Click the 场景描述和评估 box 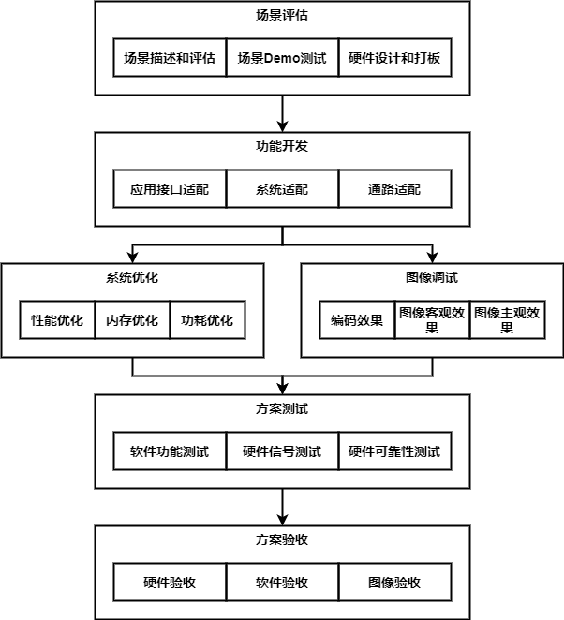click(x=170, y=58)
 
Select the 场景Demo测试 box click(x=282, y=58)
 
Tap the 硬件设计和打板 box click(x=394, y=58)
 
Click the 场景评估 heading click(x=282, y=16)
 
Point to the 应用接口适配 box click(x=170, y=189)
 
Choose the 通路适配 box click(x=394, y=189)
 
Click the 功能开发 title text click(x=282, y=147)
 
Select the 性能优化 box click(x=57, y=320)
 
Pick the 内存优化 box click(x=132, y=320)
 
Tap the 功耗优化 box click(x=207, y=320)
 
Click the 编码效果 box click(x=357, y=320)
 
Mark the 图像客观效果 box click(x=432, y=320)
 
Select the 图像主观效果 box click(x=507, y=320)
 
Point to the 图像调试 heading click(x=432, y=278)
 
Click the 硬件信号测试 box click(x=282, y=451)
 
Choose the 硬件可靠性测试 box click(x=394, y=451)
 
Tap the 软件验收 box click(x=282, y=583)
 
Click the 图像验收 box click(x=394, y=583)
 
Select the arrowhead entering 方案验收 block click(x=282, y=520)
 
